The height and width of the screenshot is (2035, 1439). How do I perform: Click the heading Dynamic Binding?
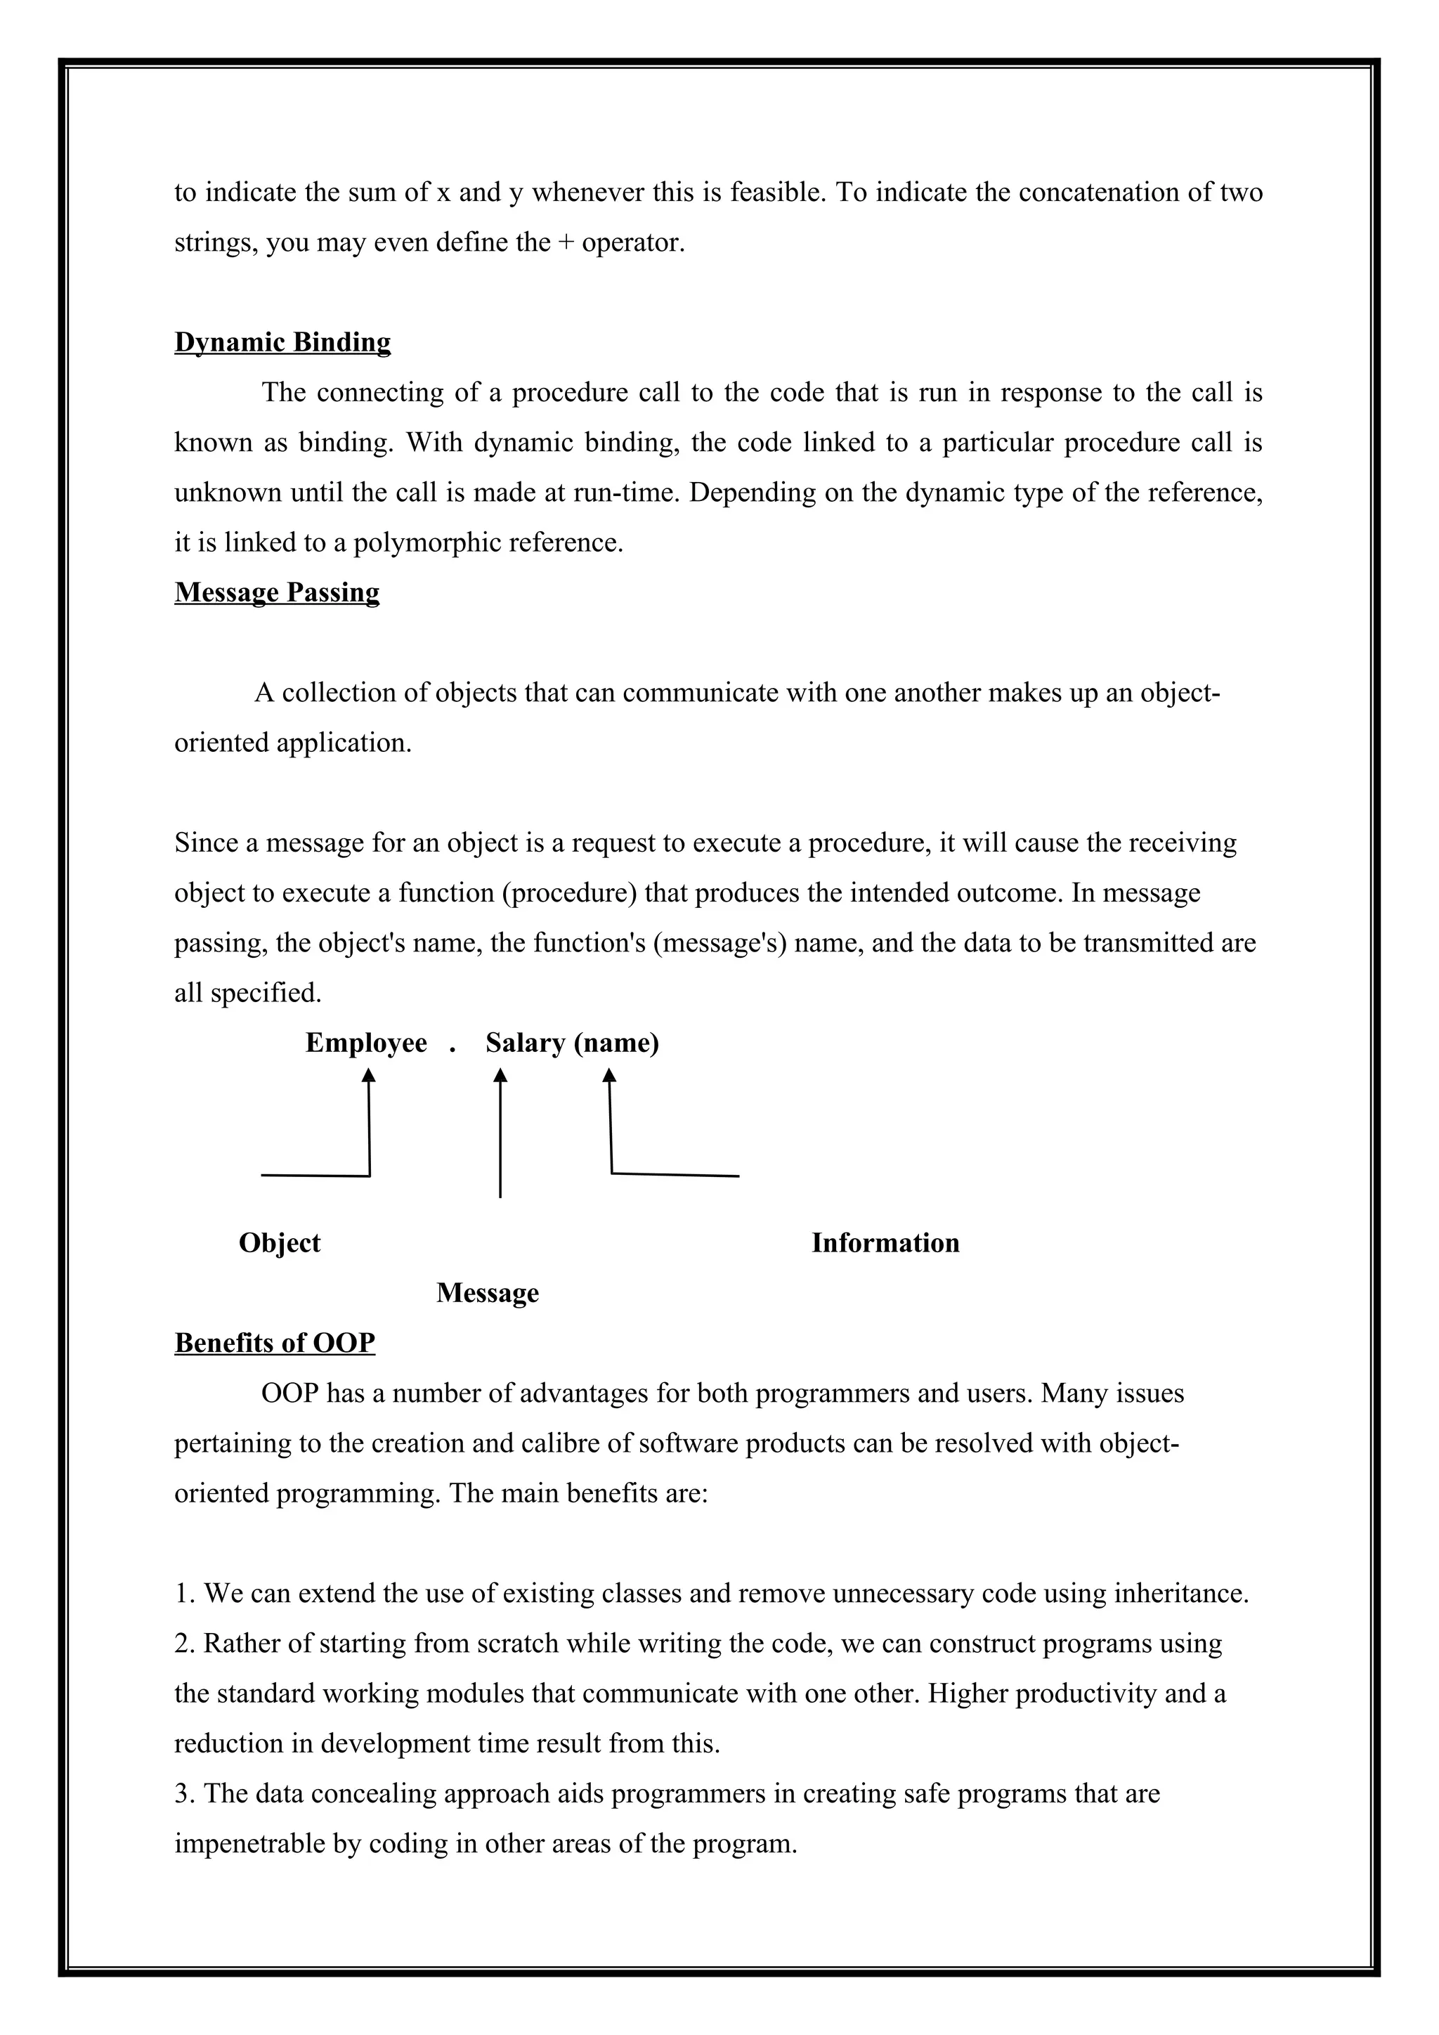tap(282, 342)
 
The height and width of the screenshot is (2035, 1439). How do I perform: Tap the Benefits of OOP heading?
tap(275, 1343)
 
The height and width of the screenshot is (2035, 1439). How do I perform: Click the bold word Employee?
tap(366, 1043)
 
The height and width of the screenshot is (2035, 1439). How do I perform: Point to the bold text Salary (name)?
tap(571, 1043)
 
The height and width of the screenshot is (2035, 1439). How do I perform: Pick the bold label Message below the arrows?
tap(488, 1293)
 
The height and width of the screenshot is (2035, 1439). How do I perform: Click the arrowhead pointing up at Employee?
tap(369, 1075)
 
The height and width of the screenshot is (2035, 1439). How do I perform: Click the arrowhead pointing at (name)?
tap(608, 1075)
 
